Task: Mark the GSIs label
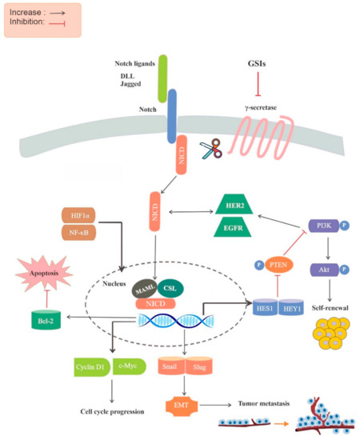tap(257, 62)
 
